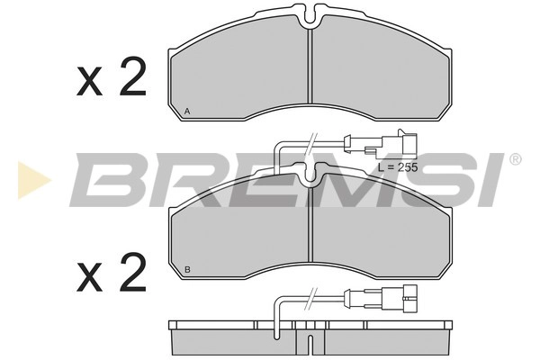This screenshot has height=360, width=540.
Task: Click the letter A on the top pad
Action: pyautogui.click(x=186, y=110)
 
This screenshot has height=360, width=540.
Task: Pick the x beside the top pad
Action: pyautogui.click(x=91, y=84)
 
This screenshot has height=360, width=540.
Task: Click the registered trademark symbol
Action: pyautogui.click(x=515, y=159)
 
